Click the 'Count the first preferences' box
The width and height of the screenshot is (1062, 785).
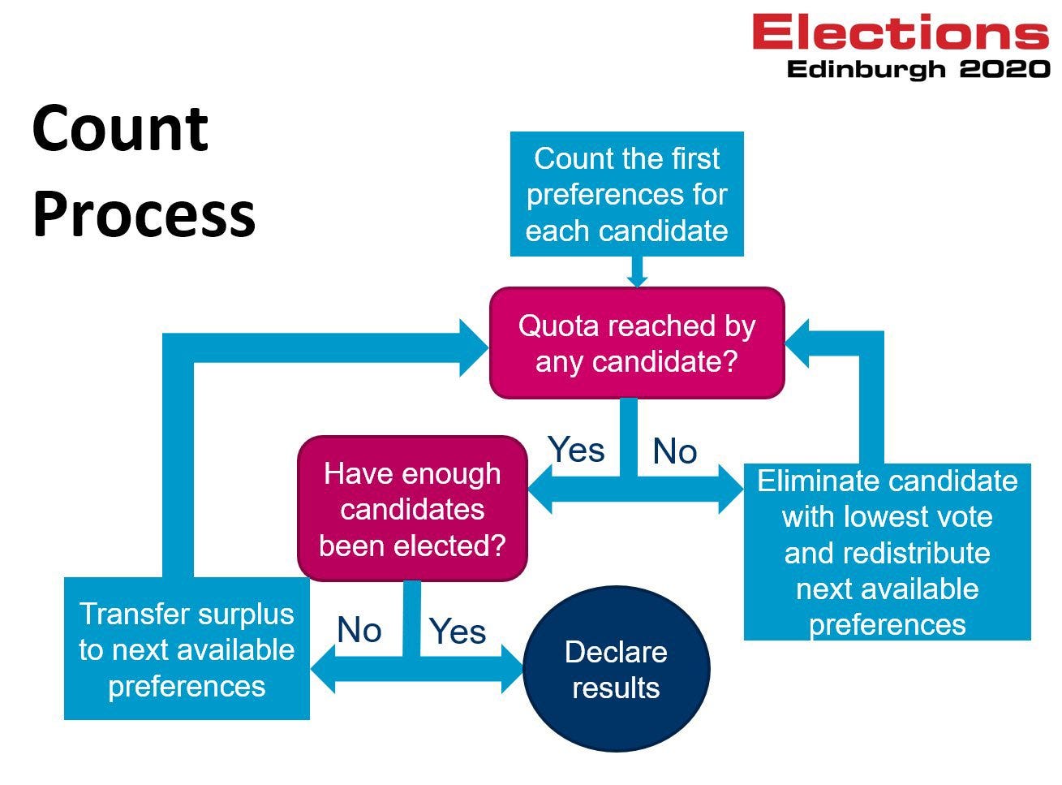pyautogui.click(x=626, y=194)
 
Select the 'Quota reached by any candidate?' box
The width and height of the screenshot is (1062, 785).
pyautogui.click(x=637, y=343)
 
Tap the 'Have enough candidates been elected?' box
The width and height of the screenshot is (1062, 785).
pyautogui.click(x=412, y=509)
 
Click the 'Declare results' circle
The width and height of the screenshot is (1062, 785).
pyautogui.click(x=616, y=670)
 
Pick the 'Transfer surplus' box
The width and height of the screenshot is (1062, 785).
pyautogui.click(x=187, y=649)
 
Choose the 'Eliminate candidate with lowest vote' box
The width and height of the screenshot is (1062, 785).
pyautogui.click(x=887, y=552)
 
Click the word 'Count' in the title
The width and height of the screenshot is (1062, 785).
pyautogui.click(x=120, y=128)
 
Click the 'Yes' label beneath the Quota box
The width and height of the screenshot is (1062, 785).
pyautogui.click(x=576, y=449)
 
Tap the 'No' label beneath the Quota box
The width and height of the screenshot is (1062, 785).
pyautogui.click(x=674, y=451)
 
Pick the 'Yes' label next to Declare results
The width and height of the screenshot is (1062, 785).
pyautogui.click(x=458, y=631)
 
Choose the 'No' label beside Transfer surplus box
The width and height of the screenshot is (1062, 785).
pyautogui.click(x=359, y=630)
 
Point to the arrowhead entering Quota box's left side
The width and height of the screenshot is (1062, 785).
pyautogui.click(x=475, y=347)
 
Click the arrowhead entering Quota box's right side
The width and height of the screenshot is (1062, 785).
pyautogui.click(x=798, y=343)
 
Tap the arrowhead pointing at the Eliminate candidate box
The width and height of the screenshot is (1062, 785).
pyautogui.click(x=730, y=489)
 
